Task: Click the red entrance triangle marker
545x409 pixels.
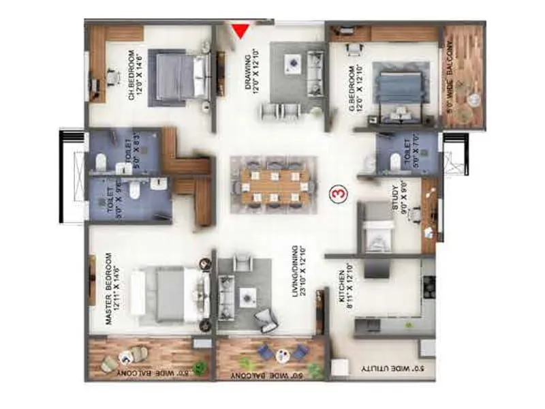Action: click(239, 31)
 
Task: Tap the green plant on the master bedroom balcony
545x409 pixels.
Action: click(200, 369)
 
